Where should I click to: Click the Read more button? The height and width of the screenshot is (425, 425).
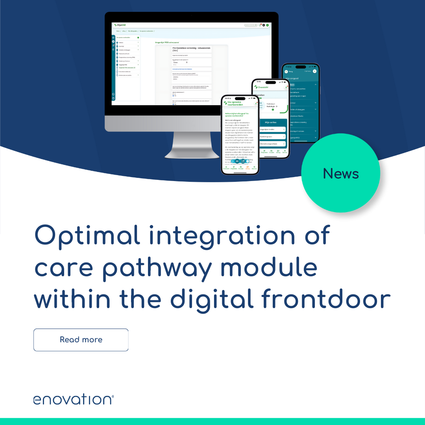pyautogui.click(x=81, y=340)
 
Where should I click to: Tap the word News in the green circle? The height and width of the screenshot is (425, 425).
pyautogui.click(x=341, y=174)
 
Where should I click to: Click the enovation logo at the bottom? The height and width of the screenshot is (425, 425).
pyautogui.click(x=73, y=399)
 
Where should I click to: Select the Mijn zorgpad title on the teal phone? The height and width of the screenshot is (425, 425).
pyautogui.click(x=293, y=78)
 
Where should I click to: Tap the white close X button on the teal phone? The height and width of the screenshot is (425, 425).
pyautogui.click(x=314, y=71)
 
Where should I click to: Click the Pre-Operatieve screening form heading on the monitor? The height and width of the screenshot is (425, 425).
pyautogui.click(x=192, y=49)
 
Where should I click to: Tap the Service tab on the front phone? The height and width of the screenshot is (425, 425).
pyautogui.click(x=254, y=168)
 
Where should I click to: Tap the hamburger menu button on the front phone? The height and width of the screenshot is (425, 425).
pyautogui.click(x=237, y=161)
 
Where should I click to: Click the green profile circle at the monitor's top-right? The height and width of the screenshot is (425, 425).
pyautogui.click(x=267, y=25)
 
